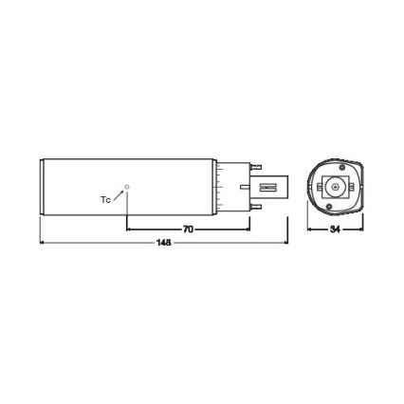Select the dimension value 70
pos(188,229)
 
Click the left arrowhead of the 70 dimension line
pos(130,229)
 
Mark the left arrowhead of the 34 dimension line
pos(311,229)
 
